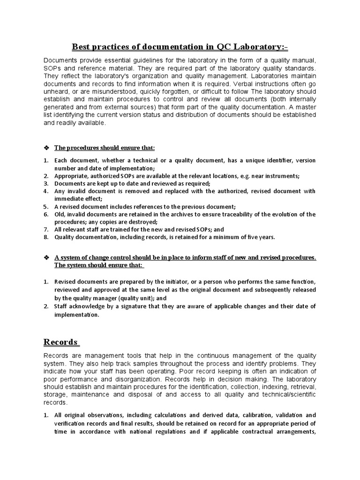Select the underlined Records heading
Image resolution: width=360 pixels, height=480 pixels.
pos(61,341)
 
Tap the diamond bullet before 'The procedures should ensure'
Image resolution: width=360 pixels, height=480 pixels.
pos(46,148)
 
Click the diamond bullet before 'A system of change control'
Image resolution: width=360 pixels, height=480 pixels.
pos(46,258)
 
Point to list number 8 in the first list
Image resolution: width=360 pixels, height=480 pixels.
pos(46,237)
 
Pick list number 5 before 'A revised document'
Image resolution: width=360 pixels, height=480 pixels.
pos(46,206)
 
